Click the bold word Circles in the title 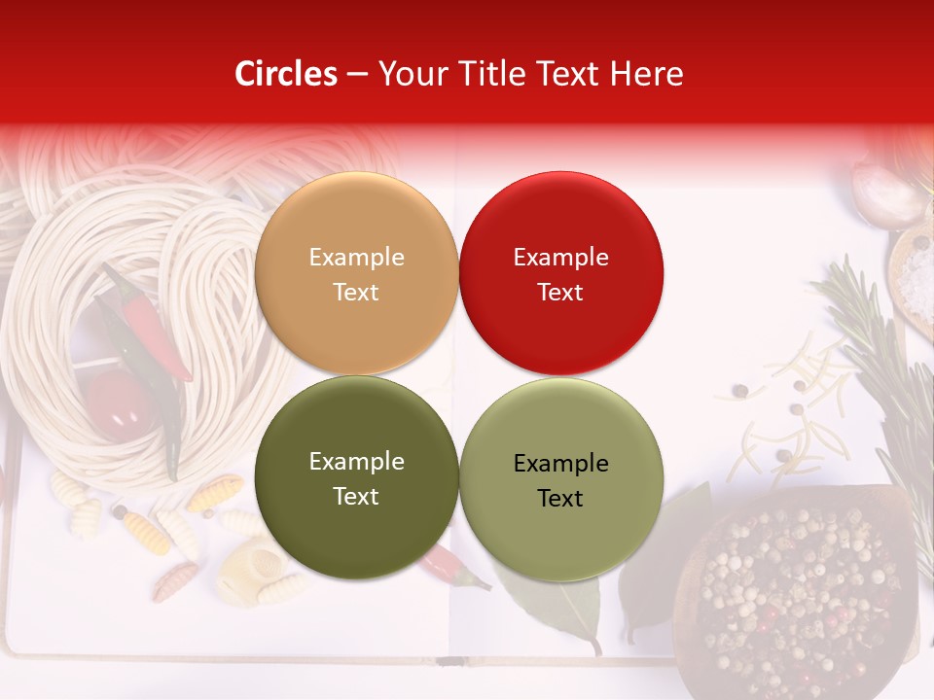coord(285,74)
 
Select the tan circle coord(356,274)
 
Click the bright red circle coord(560,274)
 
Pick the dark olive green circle coord(356,478)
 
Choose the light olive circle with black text coord(560,480)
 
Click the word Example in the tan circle coord(356,257)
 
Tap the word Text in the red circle coord(560,292)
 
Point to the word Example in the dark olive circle coord(356,461)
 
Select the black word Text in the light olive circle coord(560,498)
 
